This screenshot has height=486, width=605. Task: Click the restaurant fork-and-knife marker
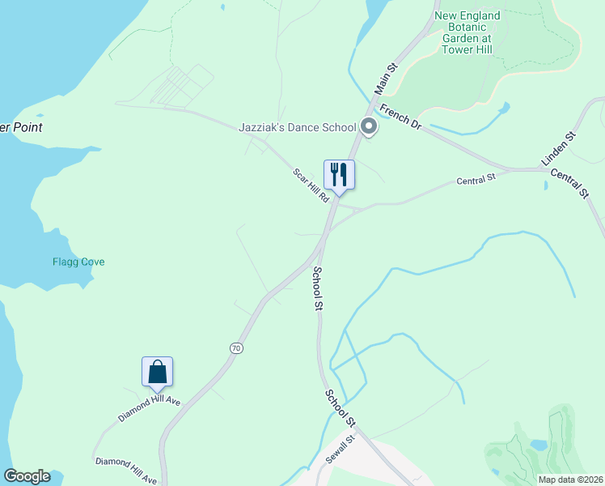click(339, 174)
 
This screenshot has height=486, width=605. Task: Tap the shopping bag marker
click(157, 373)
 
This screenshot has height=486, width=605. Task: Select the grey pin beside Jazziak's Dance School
click(369, 127)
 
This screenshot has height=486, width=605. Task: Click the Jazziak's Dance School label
click(297, 127)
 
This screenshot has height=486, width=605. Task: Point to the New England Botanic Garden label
click(467, 32)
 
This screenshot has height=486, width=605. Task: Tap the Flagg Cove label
click(78, 262)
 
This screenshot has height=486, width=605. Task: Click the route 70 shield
click(235, 347)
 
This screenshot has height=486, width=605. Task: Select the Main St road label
click(386, 78)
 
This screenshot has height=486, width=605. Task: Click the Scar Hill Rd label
click(311, 185)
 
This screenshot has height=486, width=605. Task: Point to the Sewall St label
click(340, 451)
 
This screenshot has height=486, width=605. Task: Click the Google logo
click(27, 476)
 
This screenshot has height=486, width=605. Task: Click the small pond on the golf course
click(539, 445)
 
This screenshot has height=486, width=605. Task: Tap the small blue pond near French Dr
click(504, 108)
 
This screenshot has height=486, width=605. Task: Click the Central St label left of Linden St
click(475, 180)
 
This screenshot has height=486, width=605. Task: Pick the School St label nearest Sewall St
click(341, 408)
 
